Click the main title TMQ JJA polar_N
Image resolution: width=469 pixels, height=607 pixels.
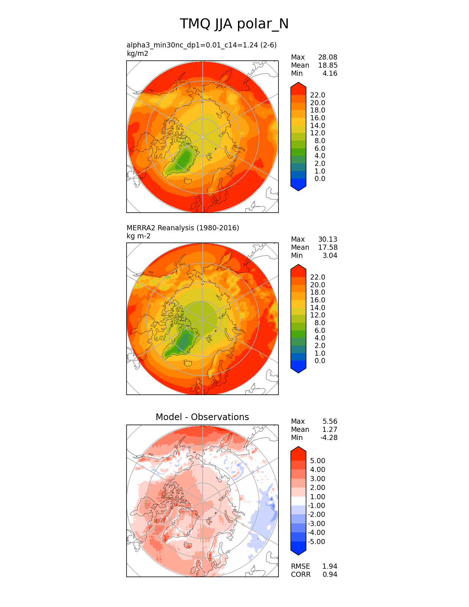click(234, 24)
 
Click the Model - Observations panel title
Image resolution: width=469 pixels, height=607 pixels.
click(202, 417)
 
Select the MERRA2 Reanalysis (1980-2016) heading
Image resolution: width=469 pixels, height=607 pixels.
click(182, 228)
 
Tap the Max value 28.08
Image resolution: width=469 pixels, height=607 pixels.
click(327, 57)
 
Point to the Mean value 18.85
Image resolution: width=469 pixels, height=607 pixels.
click(327, 65)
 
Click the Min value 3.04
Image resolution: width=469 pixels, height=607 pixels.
click(330, 256)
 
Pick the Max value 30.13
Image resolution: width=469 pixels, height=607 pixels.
click(327, 239)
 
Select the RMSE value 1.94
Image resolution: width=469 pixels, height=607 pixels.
click(330, 566)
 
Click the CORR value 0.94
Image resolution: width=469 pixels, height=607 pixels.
click(330, 574)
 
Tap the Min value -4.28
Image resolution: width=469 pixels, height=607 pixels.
click(329, 438)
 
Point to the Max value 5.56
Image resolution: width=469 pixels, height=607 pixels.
click(330, 422)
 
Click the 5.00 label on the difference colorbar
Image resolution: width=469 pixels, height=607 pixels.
click(317, 461)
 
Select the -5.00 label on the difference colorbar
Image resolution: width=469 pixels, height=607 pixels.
click(316, 542)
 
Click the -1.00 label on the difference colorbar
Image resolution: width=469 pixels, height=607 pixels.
click(316, 506)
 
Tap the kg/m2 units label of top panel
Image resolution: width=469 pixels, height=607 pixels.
click(137, 54)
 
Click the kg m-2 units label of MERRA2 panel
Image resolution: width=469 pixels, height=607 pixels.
click(138, 236)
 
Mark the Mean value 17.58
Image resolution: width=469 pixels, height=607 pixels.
click(327, 248)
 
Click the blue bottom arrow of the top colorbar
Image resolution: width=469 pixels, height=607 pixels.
click(298, 185)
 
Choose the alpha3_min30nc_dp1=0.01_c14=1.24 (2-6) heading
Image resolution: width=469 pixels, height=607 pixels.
click(201, 45)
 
